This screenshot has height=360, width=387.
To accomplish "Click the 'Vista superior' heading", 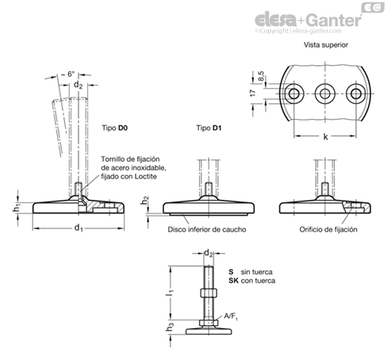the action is coord(326,45).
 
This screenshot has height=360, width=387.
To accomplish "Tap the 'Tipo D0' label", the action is coord(115,128).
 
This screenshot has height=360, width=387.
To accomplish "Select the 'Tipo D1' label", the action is coord(209,128).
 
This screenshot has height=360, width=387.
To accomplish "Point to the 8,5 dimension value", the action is coord(260,76).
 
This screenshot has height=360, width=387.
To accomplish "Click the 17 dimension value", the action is coord(253,93).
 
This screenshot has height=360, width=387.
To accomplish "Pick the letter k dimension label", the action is coord(325,136).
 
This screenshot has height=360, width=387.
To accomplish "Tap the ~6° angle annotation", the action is coord(68,74).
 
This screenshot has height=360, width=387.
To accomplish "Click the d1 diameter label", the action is coord(79,228).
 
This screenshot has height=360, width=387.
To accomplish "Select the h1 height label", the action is coord(16,208).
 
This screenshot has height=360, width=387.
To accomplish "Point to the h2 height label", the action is coord(144,201).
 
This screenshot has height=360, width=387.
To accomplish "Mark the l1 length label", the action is coord(170,293).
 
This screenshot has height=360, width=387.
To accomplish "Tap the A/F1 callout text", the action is coord(231,316).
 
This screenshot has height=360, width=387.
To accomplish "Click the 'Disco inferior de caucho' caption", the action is coord(207,229).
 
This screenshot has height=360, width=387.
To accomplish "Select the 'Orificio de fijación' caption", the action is coord(328,229).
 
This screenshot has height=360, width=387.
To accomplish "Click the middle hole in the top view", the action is coord(325,94).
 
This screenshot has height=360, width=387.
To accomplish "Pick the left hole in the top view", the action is coord(293,94).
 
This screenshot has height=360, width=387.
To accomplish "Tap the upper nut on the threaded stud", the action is coord(209,293).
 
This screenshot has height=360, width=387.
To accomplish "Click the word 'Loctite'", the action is coord(146,177).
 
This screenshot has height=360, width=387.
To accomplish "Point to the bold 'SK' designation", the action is coord(233,281).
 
